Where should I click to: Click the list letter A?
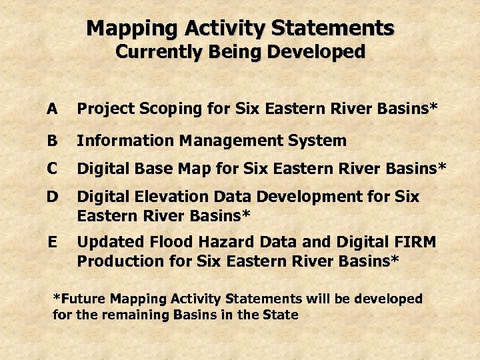pyautogui.click(x=52, y=108)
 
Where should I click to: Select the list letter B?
pyautogui.click(x=52, y=140)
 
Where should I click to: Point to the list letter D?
pyautogui.click(x=52, y=197)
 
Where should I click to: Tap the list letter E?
pyautogui.click(x=52, y=241)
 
